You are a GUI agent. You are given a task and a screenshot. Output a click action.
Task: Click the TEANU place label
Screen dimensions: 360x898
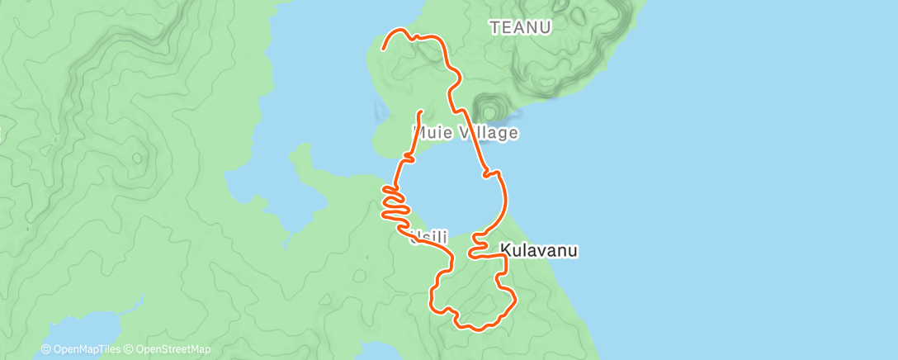520,27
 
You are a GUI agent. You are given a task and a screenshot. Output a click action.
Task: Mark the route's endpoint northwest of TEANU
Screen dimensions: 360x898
383,50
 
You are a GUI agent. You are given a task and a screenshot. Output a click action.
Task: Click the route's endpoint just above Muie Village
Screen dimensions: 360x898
420,111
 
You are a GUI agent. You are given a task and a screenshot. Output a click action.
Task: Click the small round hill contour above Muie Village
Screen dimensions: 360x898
490,109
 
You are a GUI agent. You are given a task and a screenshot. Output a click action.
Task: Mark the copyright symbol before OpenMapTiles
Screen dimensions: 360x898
46,350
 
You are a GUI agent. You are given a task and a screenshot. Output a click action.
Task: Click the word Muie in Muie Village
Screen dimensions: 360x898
430,132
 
